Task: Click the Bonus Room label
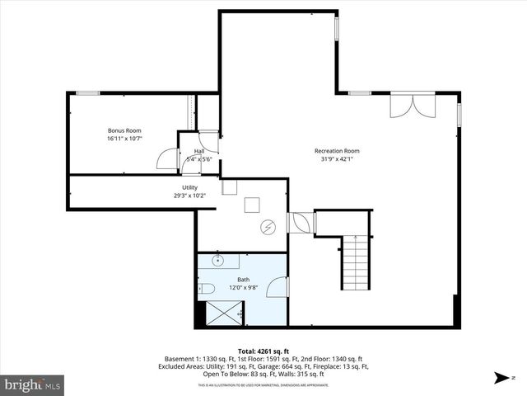pyautogui.click(x=124, y=130)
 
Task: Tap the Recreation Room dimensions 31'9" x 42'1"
pyautogui.click(x=338, y=159)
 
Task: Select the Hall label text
pyautogui.click(x=199, y=151)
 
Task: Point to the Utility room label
pyautogui.click(x=189, y=188)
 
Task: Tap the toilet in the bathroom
pyautogui.click(x=206, y=288)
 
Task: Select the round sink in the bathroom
pyautogui.click(x=219, y=261)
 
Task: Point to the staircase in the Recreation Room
pyautogui.click(x=355, y=260)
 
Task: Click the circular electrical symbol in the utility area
pyautogui.click(x=267, y=227)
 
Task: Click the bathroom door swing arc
pyautogui.click(x=278, y=287)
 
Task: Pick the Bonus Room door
pyautogui.click(x=168, y=158)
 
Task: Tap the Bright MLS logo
pyautogui.click(x=33, y=384)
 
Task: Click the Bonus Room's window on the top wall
pyautogui.click(x=88, y=93)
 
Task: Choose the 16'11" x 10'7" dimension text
pyautogui.click(x=124, y=139)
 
